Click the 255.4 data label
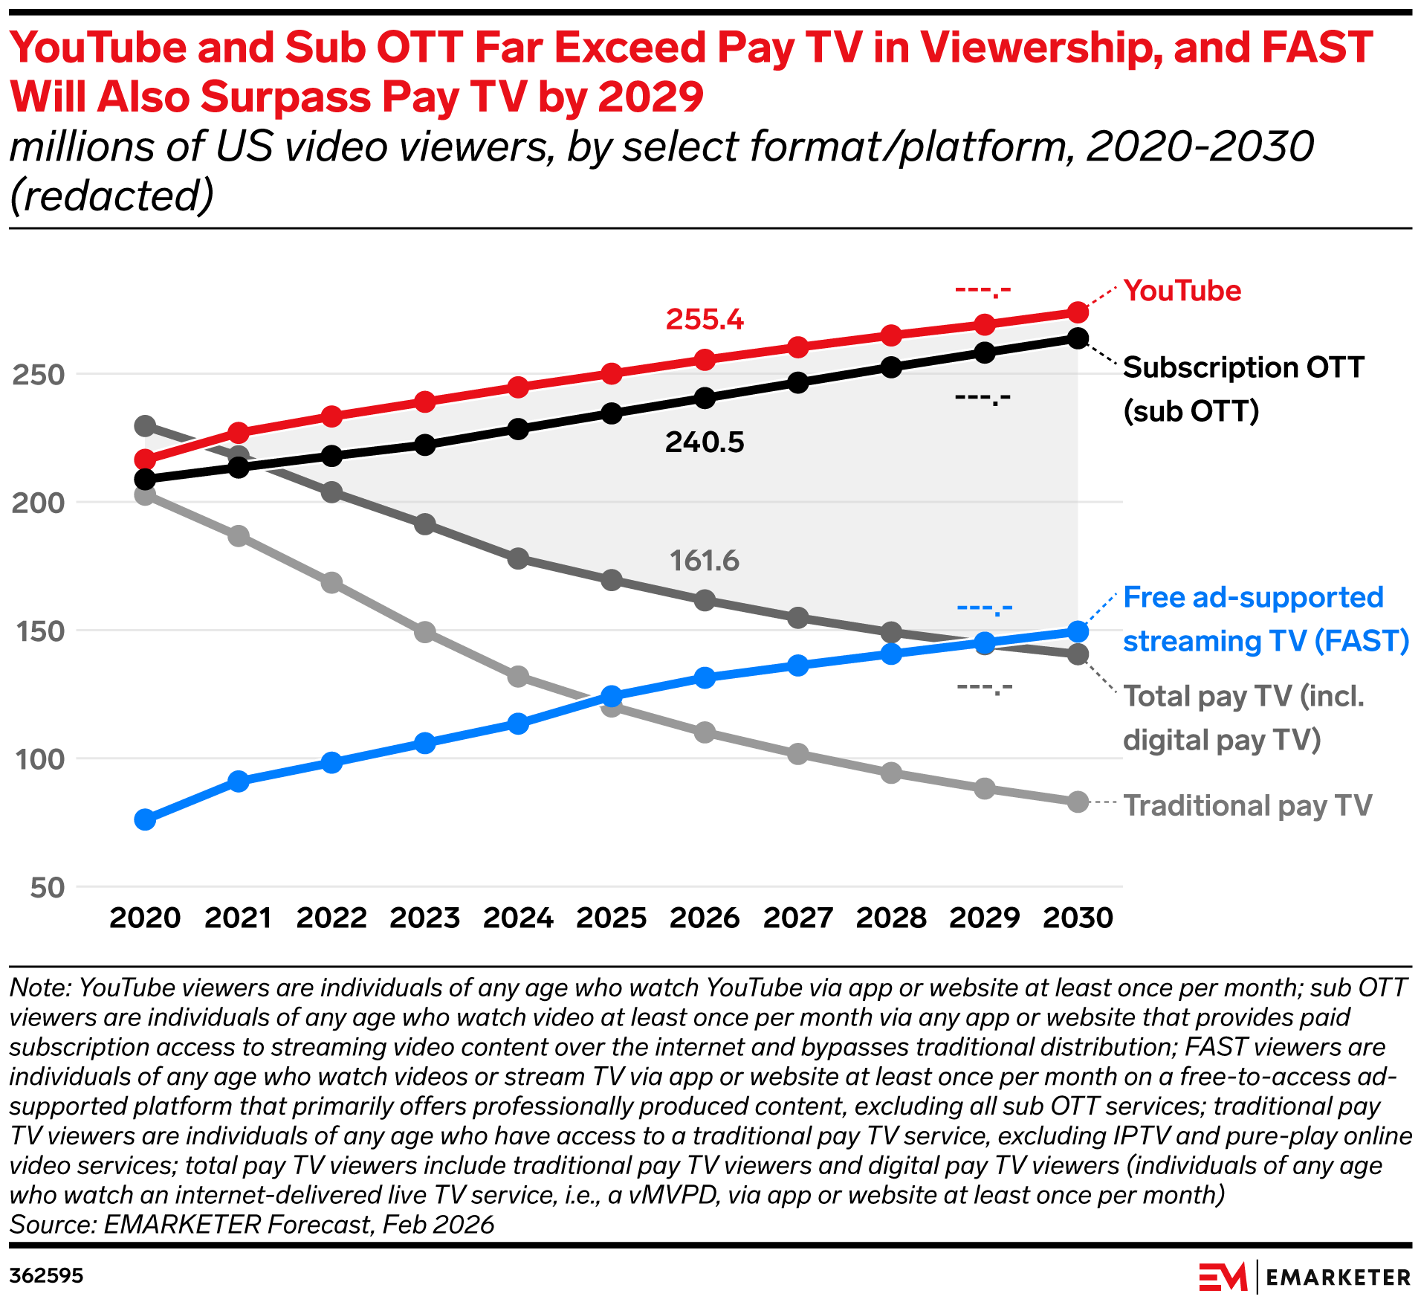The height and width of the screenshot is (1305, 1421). tap(704, 320)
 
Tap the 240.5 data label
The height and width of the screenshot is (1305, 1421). tap(704, 442)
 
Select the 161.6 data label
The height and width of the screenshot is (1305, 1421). tap(704, 561)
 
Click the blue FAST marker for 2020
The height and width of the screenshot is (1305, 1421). tap(145, 819)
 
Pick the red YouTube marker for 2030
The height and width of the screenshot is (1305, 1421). tap(1078, 312)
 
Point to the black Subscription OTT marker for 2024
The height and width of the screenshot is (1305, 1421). tap(518, 429)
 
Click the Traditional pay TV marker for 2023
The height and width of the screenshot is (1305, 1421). tap(425, 632)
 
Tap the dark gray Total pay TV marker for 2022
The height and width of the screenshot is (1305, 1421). tap(331, 492)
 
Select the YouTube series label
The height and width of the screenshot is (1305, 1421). tap(1182, 291)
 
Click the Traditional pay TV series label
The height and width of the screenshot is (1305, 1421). tap(1247, 805)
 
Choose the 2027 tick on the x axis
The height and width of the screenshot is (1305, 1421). tap(797, 918)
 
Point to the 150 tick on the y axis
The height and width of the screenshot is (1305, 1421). tap(38, 631)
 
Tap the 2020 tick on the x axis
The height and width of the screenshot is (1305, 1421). tap(145, 918)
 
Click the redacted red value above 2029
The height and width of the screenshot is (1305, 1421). tap(983, 289)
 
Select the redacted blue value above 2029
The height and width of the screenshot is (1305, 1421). tap(984, 608)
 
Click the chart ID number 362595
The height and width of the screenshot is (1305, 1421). tap(46, 1276)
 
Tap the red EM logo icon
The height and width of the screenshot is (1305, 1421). tap(1222, 1277)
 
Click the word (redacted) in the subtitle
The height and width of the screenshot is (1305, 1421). tap(111, 196)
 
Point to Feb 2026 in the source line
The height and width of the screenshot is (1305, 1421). tap(438, 1224)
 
